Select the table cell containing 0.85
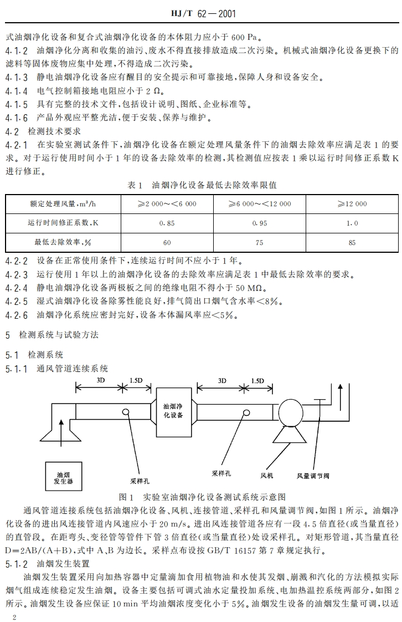tap(167, 223)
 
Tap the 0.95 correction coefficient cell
tap(260, 223)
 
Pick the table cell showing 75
tap(260, 242)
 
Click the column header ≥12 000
tap(352, 204)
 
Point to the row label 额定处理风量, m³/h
tap(61, 204)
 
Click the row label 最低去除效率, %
tap(61, 242)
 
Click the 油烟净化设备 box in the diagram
tap(173, 411)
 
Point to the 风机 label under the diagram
tap(267, 475)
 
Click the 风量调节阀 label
tap(313, 476)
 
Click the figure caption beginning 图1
tap(202, 497)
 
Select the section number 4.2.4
tap(17, 287)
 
